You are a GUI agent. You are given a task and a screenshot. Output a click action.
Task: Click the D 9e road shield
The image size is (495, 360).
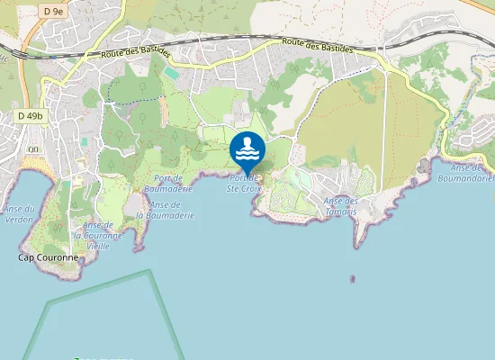tap(53, 10)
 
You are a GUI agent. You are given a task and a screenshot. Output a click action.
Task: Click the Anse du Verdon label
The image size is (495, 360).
tap(19, 213)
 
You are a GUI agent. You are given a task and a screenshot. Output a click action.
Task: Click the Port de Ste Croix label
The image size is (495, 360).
tap(244, 184)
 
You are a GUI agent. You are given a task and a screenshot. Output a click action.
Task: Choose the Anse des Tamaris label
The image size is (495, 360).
tap(340, 205)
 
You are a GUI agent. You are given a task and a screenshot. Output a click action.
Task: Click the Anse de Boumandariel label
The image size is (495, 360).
tap(472, 173)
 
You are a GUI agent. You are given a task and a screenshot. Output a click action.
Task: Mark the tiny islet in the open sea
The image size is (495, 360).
tap(352, 279)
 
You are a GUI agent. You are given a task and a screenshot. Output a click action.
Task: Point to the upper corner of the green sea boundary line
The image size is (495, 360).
tap(149, 271)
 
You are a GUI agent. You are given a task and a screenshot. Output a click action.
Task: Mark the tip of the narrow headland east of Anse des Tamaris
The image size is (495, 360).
tap(358, 244)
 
